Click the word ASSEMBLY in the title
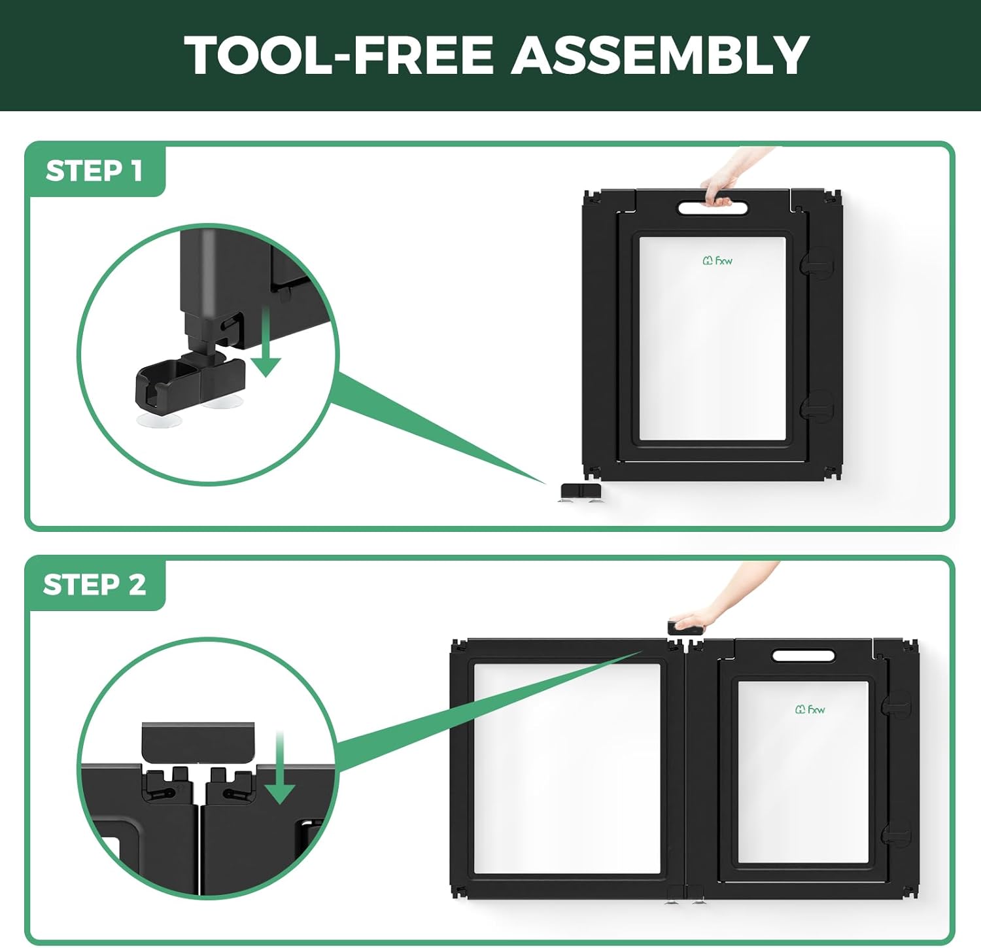coord(661,55)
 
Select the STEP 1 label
coord(94,171)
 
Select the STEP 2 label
coord(95,584)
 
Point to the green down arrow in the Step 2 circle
coord(280,769)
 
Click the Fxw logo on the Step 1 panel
coord(717,260)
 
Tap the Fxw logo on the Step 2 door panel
coord(810,709)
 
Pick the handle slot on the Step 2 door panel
coord(803,656)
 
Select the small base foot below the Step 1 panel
coord(581,493)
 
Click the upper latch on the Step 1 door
coord(817,263)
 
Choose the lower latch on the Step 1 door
coord(817,406)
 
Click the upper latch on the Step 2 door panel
coord(895,705)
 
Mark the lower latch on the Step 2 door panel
coord(895,834)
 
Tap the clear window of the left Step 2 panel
coord(567,769)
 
